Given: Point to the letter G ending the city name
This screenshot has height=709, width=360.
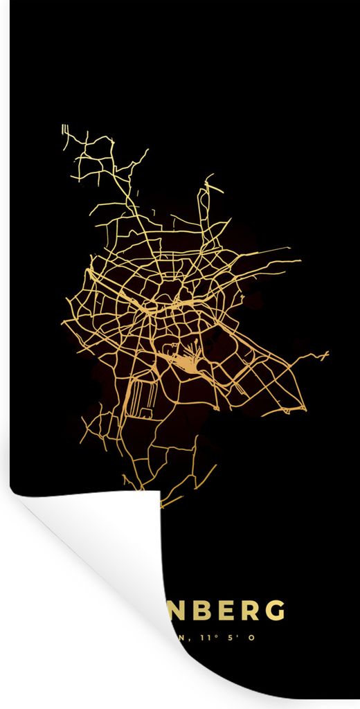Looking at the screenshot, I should pyautogui.click(x=276, y=611).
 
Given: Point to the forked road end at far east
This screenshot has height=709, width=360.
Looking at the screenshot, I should pyautogui.click(x=324, y=356).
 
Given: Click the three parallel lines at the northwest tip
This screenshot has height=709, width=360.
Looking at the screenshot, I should pyautogui.click(x=64, y=129).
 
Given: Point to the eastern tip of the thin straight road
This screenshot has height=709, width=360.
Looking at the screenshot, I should pyautogui.click(x=289, y=248).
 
